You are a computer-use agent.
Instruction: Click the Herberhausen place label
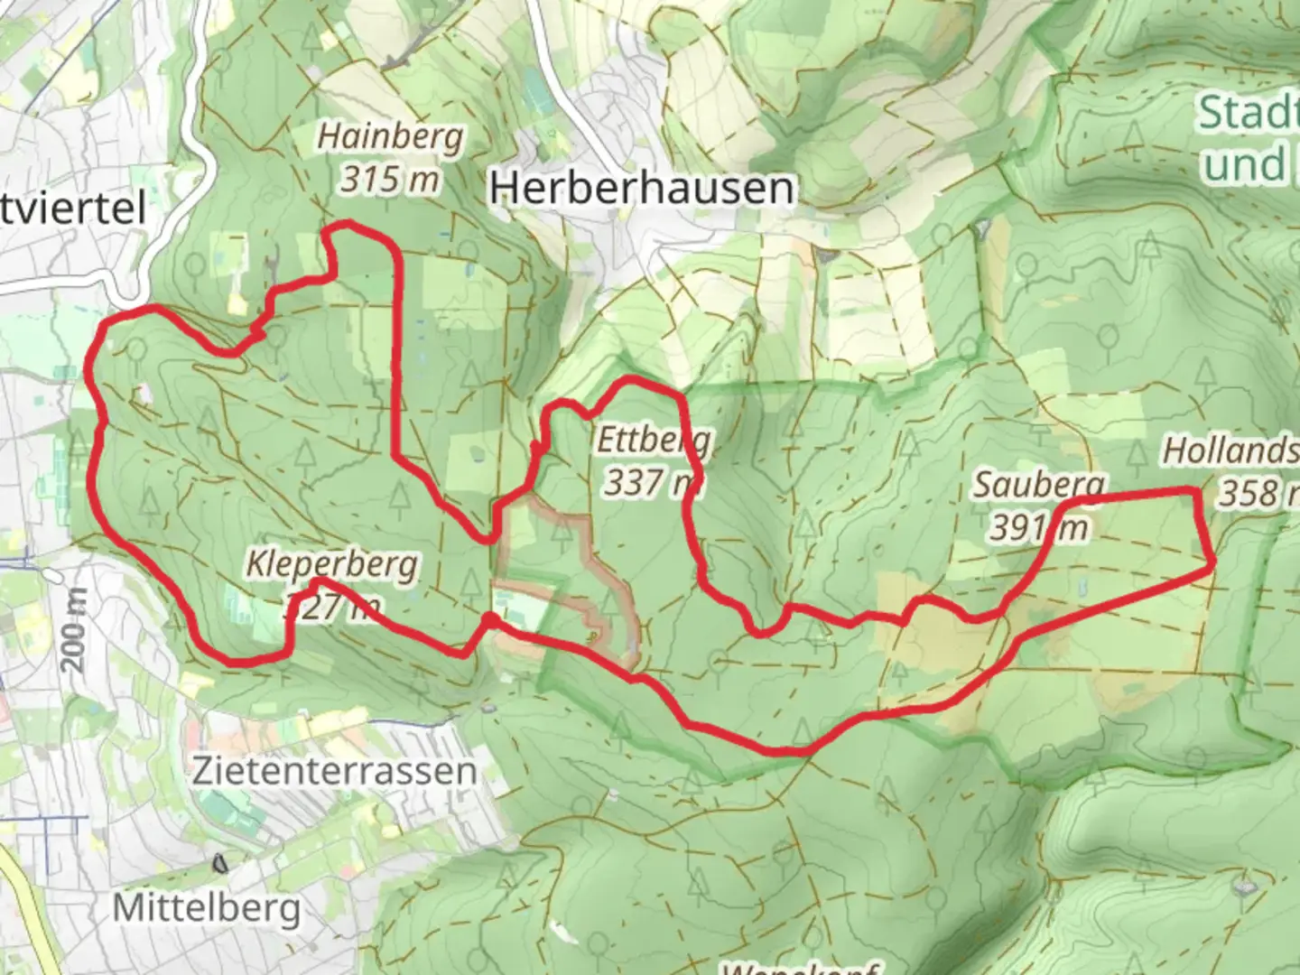click(643, 188)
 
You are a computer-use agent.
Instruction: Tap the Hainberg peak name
click(390, 137)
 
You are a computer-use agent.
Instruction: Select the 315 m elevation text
click(390, 179)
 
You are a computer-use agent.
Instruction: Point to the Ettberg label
click(654, 442)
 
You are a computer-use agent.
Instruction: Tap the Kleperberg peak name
click(331, 565)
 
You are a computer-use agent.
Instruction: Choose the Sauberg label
click(1038, 486)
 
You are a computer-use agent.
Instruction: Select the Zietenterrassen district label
click(334, 771)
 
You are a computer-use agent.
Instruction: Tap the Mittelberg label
click(207, 907)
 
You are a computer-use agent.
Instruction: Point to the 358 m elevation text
click(1258, 493)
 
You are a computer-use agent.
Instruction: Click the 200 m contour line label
click(75, 629)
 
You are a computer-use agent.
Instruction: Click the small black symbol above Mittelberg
click(219, 863)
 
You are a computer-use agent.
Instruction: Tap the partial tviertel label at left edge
click(72, 209)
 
